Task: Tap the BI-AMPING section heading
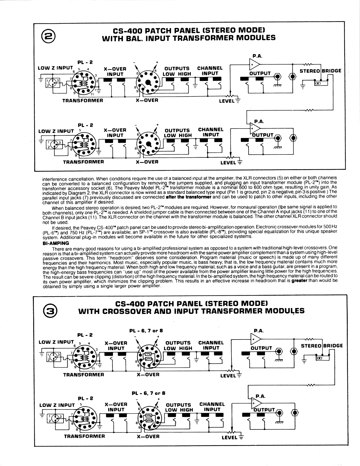tap(56, 243)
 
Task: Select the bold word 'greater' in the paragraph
tap(299, 281)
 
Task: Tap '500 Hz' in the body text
tap(330, 227)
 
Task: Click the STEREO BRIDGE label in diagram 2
tap(320, 71)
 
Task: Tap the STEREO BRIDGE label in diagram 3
tap(322, 345)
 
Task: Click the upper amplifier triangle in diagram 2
tap(254, 64)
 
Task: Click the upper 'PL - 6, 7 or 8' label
tap(146, 331)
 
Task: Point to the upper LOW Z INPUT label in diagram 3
tap(56, 342)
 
